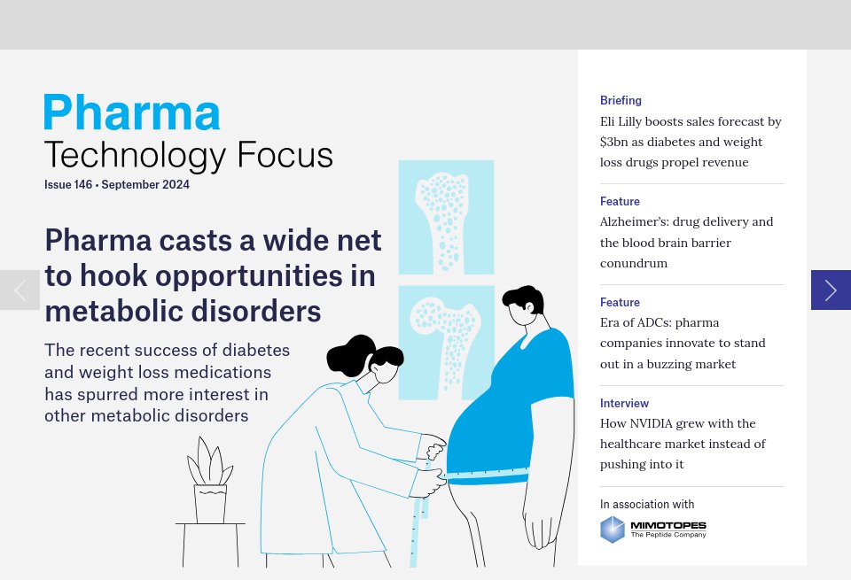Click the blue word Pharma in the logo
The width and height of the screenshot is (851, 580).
(x=132, y=113)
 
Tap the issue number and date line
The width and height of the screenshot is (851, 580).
(x=117, y=185)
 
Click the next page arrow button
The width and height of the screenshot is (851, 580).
(x=831, y=290)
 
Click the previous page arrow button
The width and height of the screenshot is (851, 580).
(x=20, y=290)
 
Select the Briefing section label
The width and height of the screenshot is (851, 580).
(x=621, y=101)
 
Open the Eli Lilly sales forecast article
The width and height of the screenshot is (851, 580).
(x=691, y=142)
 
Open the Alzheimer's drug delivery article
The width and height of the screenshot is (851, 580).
(x=686, y=243)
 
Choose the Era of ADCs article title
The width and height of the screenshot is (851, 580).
(x=683, y=344)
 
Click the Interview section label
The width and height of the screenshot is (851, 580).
(x=624, y=404)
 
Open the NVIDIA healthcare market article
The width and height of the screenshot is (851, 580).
(x=683, y=444)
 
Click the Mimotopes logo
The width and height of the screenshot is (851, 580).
(x=653, y=530)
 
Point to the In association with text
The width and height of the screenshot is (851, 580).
(x=647, y=505)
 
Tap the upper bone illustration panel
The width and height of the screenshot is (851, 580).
(x=446, y=217)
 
